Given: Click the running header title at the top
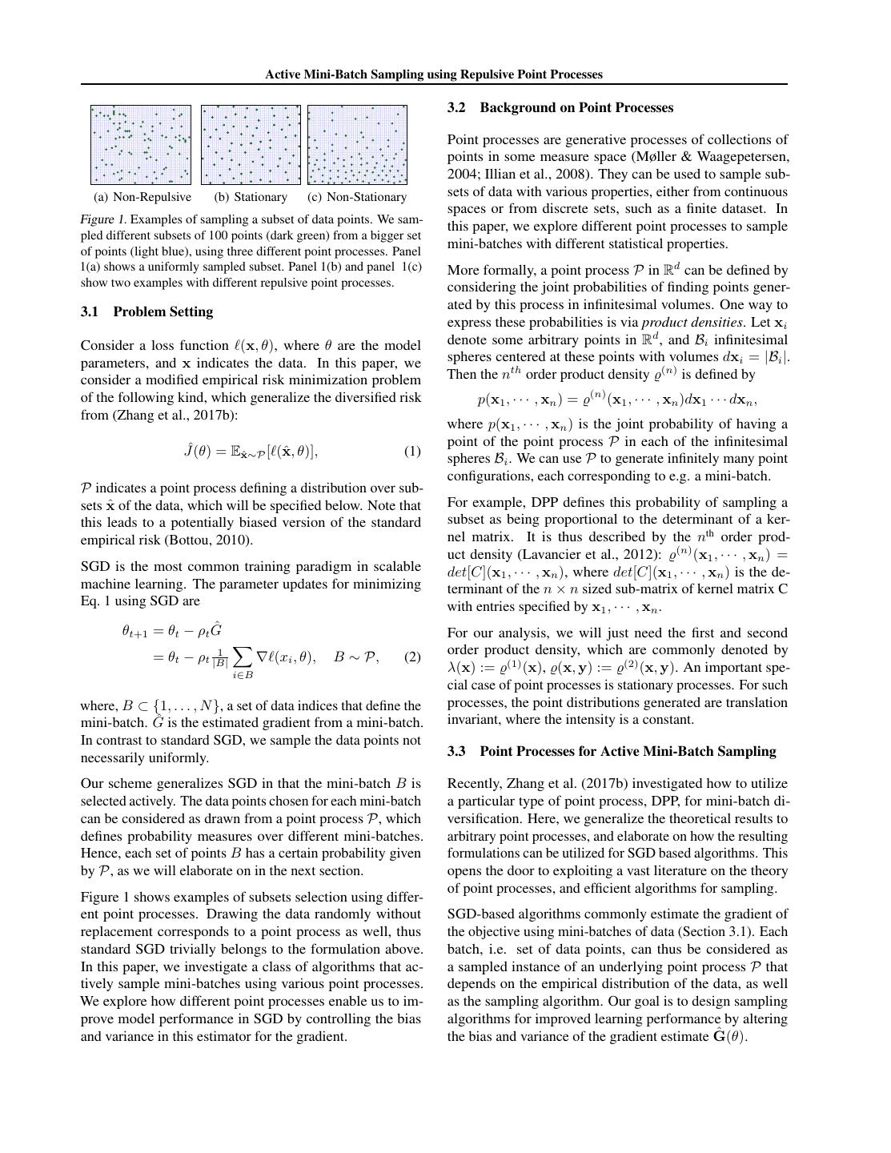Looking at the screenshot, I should (433, 74).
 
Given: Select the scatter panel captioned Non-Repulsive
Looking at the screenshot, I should (141, 145).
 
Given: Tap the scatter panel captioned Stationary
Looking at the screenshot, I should (251, 145).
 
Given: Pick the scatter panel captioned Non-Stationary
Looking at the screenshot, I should (357, 145).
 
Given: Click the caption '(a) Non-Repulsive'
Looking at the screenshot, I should (142, 197).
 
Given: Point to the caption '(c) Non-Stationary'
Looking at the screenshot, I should (357, 197).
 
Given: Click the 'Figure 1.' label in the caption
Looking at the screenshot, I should (102, 219).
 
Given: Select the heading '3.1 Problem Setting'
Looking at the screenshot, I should (146, 311).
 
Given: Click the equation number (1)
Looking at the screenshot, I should (412, 452).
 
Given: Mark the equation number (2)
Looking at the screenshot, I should (412, 657).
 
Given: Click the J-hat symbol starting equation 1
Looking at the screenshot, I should (190, 451).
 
